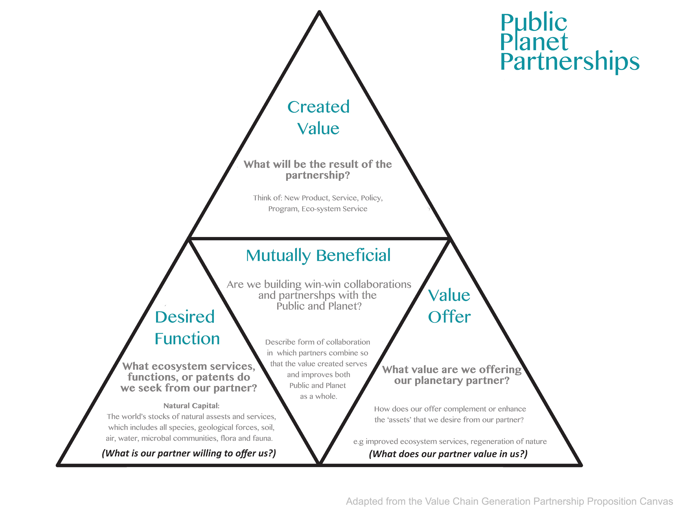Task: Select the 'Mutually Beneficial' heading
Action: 318,255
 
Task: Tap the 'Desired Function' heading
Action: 187,328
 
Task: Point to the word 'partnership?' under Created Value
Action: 318,175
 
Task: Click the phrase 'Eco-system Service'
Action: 334,209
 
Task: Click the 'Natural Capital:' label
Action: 192,406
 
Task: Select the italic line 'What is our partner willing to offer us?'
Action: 189,453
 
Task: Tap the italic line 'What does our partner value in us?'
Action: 448,454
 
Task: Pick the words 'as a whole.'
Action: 319,396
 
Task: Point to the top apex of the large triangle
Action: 319,12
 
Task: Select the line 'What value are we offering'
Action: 452,369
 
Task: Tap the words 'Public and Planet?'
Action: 319,306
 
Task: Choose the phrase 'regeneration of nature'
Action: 509,441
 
